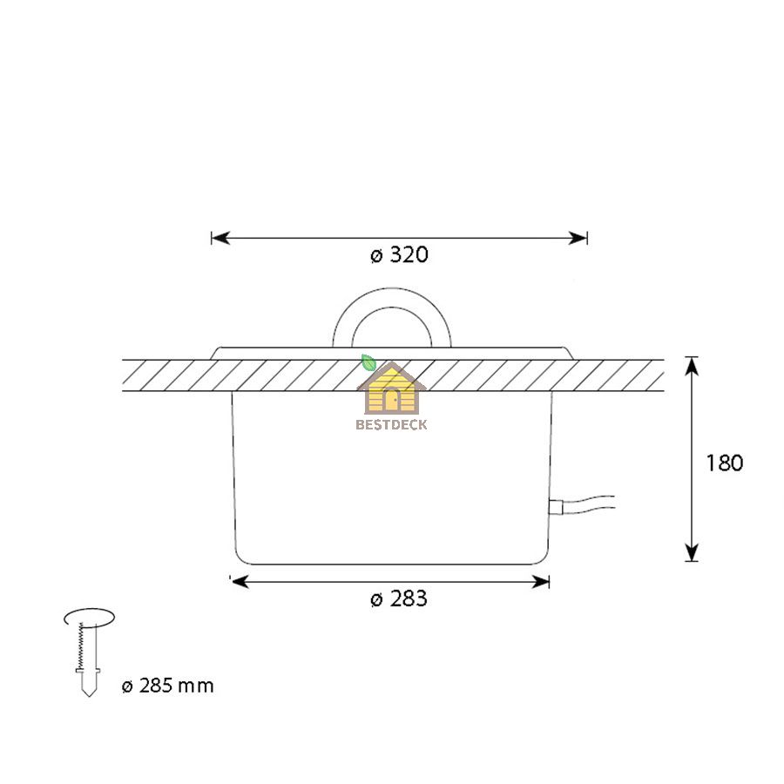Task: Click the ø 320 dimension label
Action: point(399,255)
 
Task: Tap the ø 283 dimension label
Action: point(399,598)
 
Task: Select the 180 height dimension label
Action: point(725,463)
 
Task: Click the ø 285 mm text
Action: point(167,686)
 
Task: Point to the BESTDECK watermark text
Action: point(391,424)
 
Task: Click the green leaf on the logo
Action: point(368,362)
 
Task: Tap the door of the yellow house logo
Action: point(391,400)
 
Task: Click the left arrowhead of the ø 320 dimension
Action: point(220,238)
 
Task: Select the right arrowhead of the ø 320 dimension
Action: point(578,238)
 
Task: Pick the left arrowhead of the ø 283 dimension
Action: point(240,582)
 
